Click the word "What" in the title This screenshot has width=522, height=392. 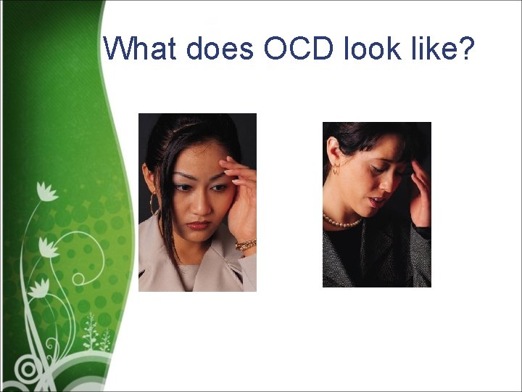141,49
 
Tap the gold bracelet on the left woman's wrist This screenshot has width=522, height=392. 246,245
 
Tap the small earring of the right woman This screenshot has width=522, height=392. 334,171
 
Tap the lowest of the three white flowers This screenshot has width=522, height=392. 38,286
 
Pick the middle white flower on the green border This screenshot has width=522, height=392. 49,248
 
